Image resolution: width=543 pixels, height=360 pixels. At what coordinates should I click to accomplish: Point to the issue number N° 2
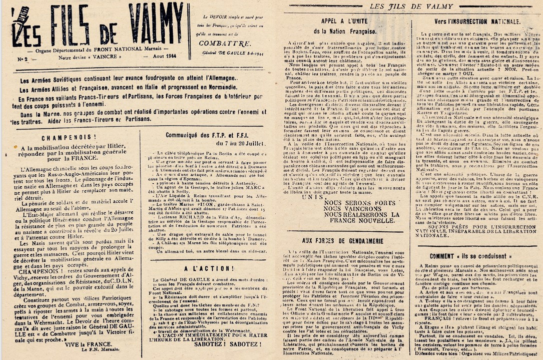23,59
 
